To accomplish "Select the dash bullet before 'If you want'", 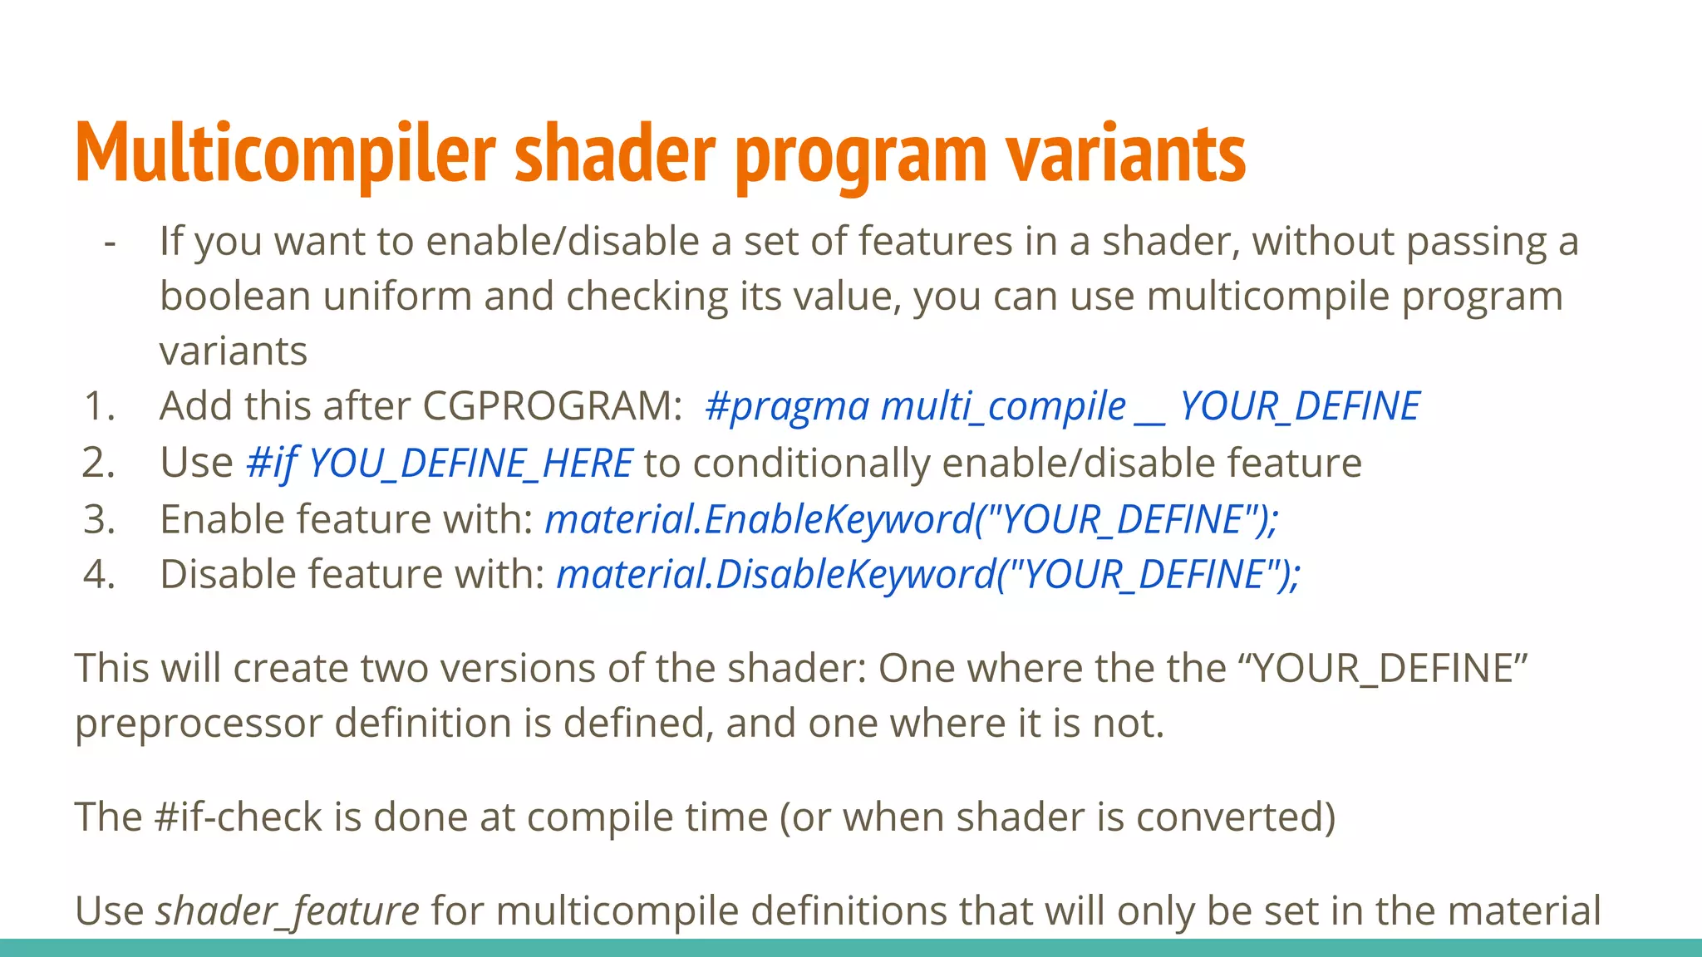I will [x=110, y=243].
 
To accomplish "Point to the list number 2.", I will [x=98, y=463].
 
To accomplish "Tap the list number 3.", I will [x=98, y=519].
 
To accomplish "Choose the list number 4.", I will [x=98, y=574].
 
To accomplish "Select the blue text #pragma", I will [x=786, y=406].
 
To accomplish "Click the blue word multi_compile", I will [x=1003, y=406].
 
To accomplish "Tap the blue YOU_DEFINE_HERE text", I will [x=470, y=463].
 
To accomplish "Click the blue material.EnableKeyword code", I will [x=911, y=519].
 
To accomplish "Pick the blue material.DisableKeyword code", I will [x=927, y=574].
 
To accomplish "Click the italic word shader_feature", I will [x=288, y=910].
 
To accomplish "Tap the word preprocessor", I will [x=199, y=724].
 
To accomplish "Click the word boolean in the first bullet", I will [x=235, y=297].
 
